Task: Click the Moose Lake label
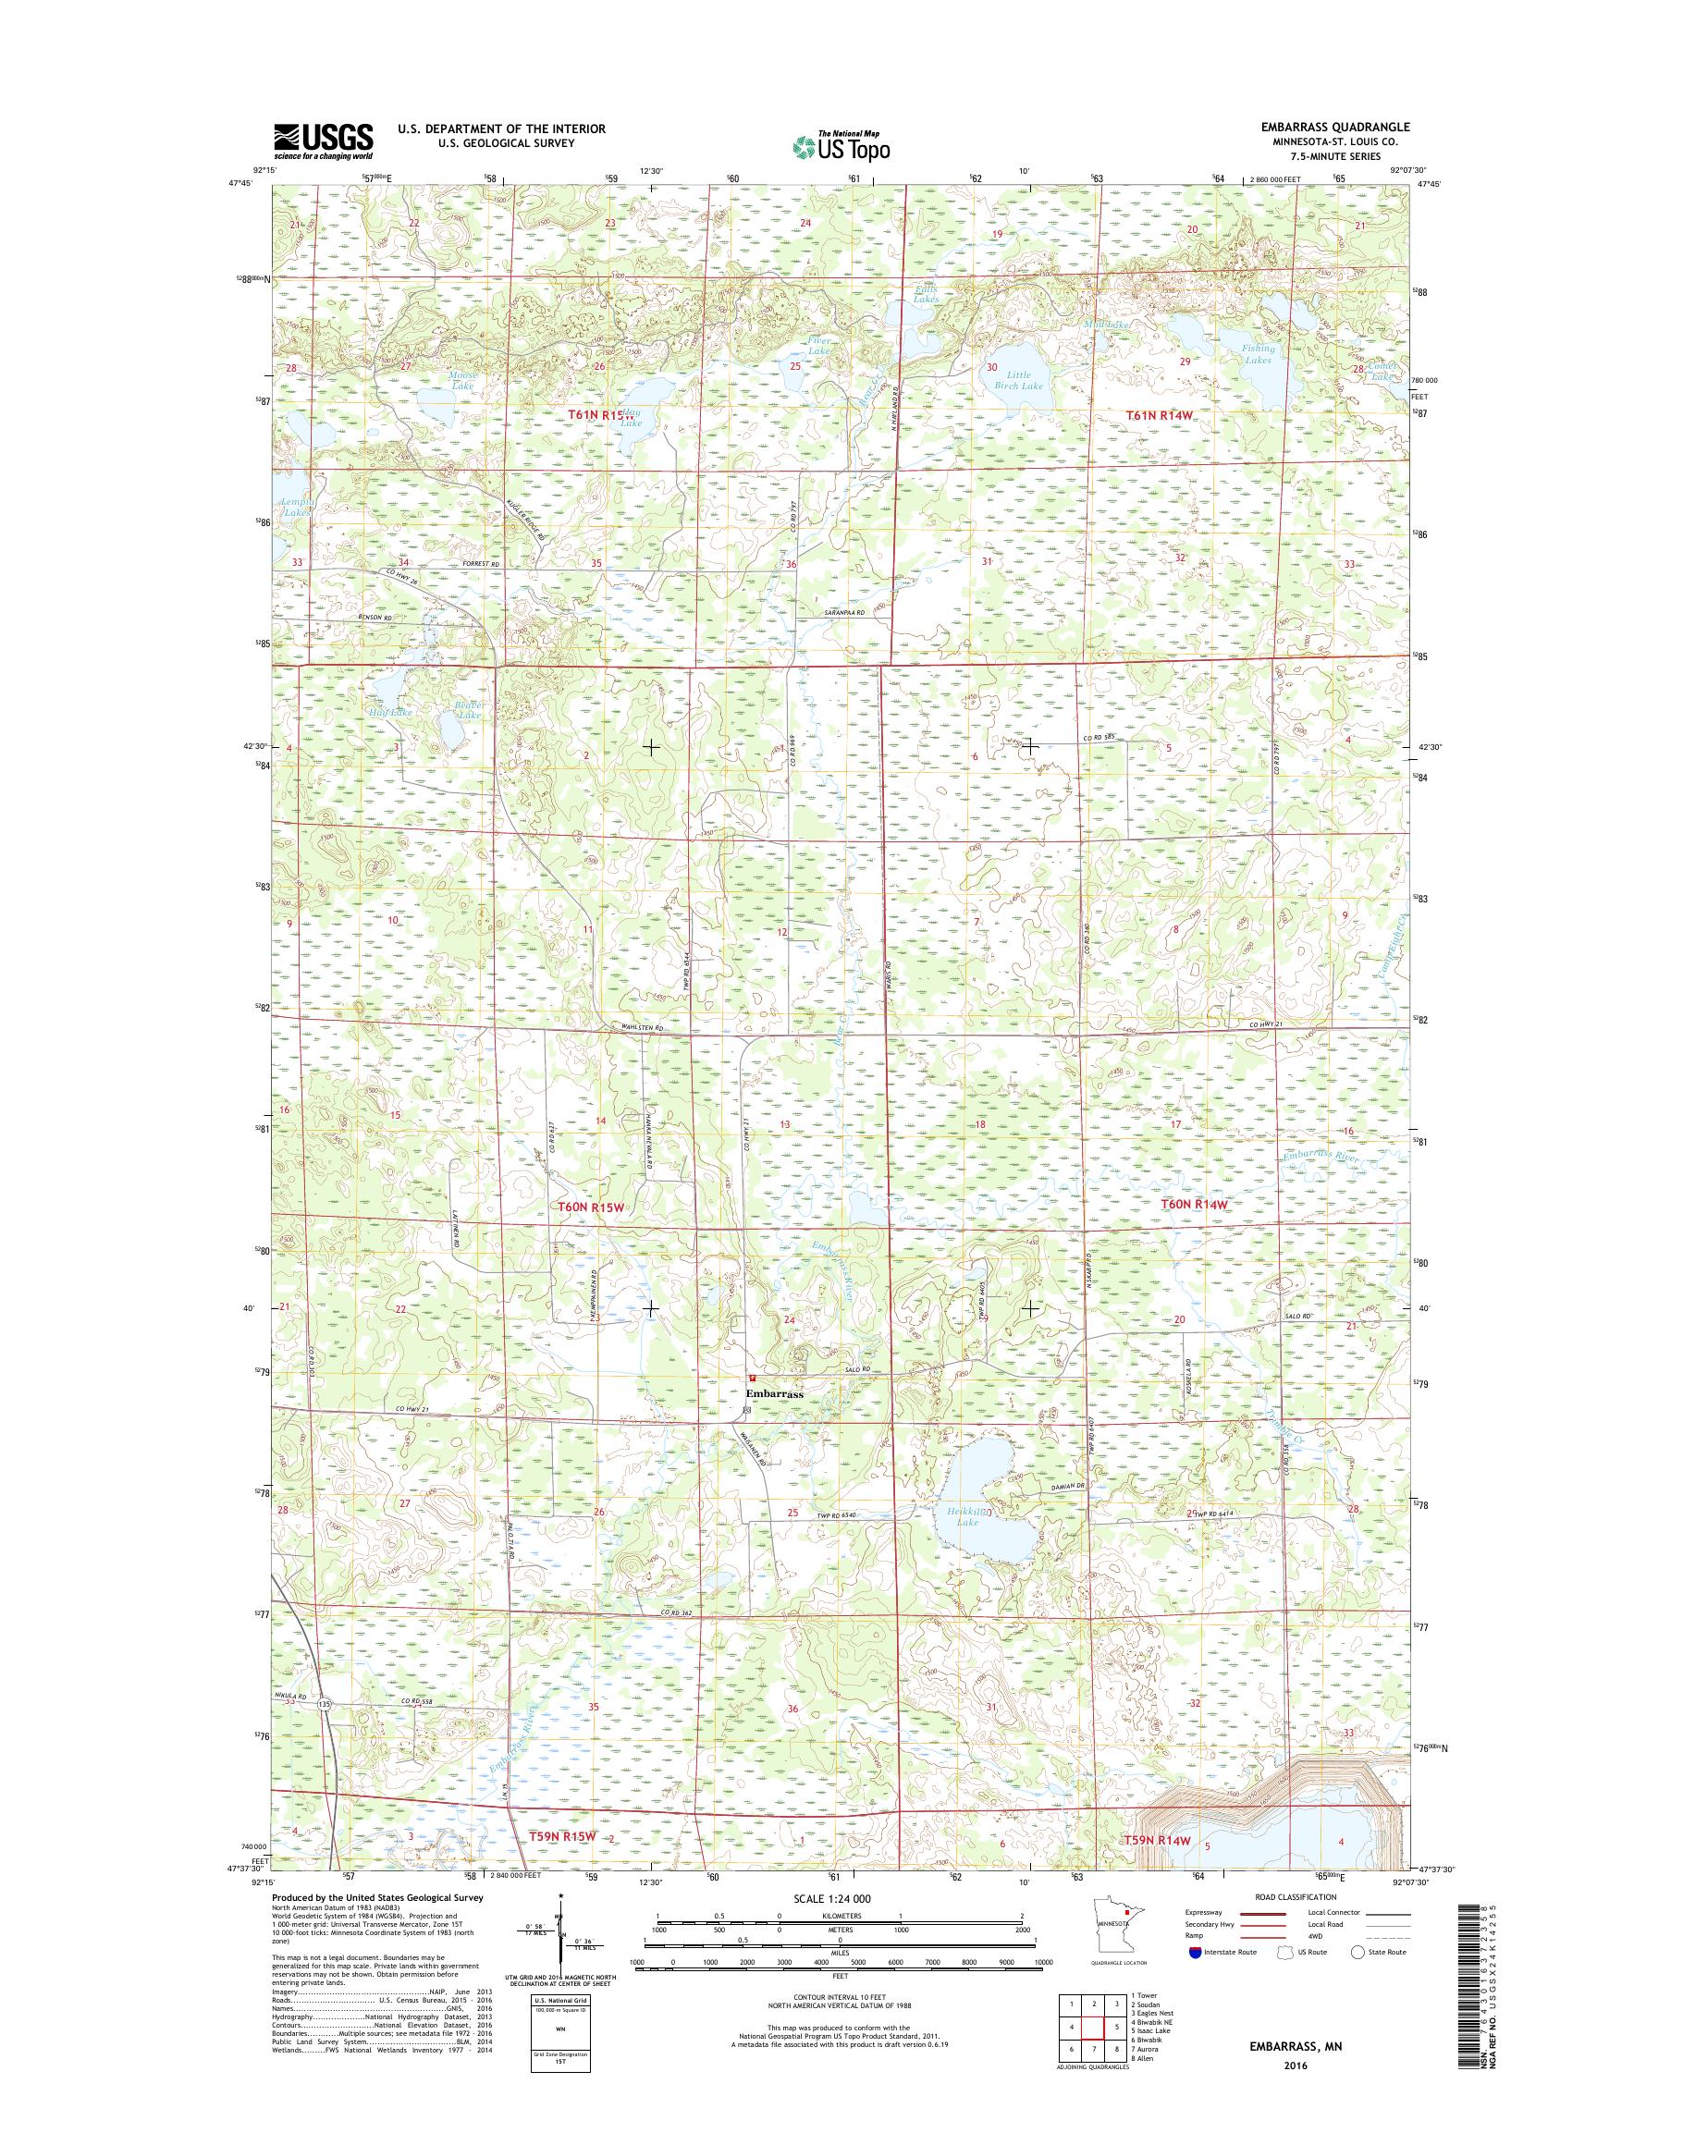click(x=462, y=381)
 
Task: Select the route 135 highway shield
click(x=325, y=1704)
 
